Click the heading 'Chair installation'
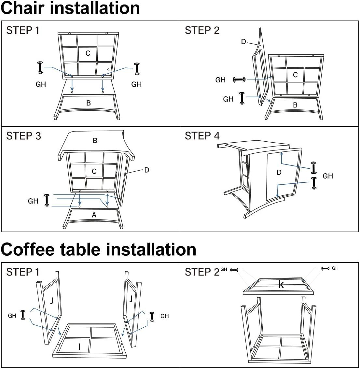70,8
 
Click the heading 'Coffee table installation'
98,249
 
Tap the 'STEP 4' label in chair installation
202,136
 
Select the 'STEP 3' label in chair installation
23,136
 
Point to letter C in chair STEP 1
88,53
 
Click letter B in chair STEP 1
89,103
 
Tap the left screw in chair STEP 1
40,67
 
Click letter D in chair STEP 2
243,42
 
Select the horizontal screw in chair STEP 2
240,79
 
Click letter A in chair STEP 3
94,215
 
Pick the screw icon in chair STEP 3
47,200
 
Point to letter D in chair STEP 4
279,172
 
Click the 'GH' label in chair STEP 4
328,176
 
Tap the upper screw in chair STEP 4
314,167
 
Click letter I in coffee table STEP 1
79,347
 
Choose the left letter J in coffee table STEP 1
51,300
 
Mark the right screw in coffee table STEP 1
152,317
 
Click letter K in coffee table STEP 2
281,285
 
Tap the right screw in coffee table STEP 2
325,268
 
